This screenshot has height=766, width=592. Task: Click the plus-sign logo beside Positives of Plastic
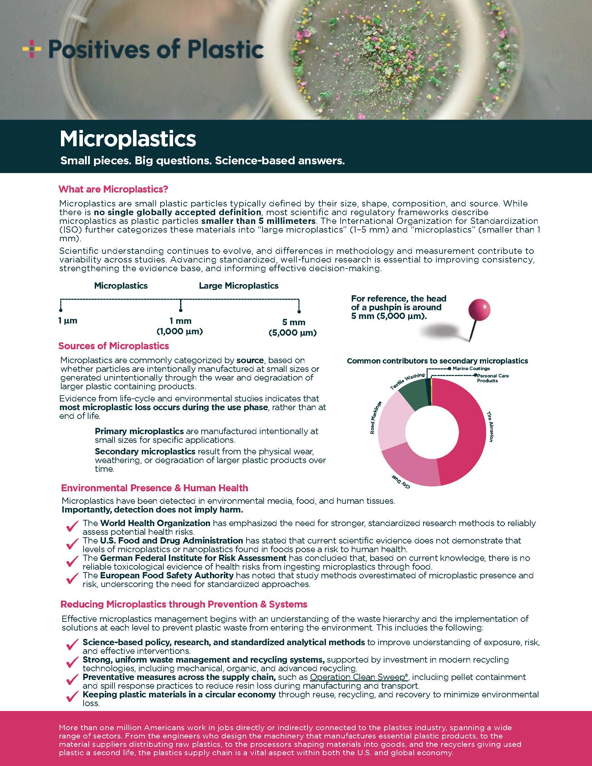tap(32, 49)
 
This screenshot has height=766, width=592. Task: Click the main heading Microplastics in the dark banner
tap(128, 139)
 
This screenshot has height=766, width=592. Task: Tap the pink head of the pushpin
tap(479, 310)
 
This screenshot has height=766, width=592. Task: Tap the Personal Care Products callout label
tap(492, 378)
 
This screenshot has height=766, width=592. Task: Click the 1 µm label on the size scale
tap(68, 321)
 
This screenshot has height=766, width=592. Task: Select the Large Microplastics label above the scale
tap(239, 286)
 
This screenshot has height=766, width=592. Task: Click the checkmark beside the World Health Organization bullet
tap(72, 526)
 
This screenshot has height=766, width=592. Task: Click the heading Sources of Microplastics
tap(114, 346)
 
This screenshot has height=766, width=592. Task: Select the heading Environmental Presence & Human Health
tap(154, 488)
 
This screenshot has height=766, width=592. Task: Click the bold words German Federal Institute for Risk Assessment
tap(193, 558)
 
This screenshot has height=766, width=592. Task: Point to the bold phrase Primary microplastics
tap(139, 431)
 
